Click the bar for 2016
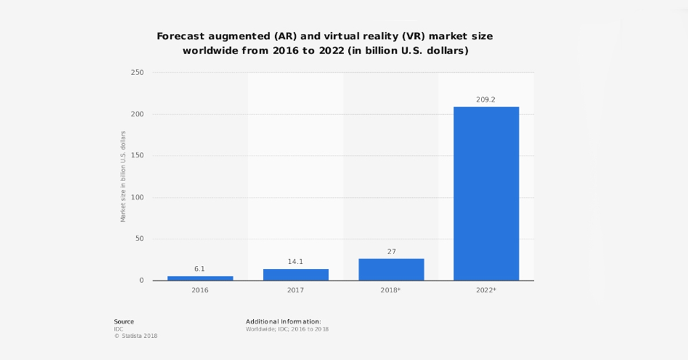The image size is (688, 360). tap(200, 278)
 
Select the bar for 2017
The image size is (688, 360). tap(296, 275)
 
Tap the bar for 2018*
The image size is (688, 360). tap(391, 269)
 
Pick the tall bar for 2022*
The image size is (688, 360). tap(486, 193)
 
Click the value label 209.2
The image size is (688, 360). tap(486, 100)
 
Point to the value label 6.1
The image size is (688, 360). tap(200, 269)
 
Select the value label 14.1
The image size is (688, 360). tap(296, 262)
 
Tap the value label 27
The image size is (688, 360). tap(391, 252)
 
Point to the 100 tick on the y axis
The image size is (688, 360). tap(137, 198)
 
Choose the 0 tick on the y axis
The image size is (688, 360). tap(140, 281)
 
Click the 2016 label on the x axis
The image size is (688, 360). tap(200, 291)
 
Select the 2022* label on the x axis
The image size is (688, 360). tap(487, 291)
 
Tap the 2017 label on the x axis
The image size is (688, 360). tap(296, 291)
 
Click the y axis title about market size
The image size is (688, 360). tap(123, 177)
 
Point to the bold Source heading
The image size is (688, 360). tap(124, 322)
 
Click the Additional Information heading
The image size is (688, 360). tap(283, 322)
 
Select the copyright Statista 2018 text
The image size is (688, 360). tap(135, 336)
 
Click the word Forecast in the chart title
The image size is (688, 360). tap(181, 36)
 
